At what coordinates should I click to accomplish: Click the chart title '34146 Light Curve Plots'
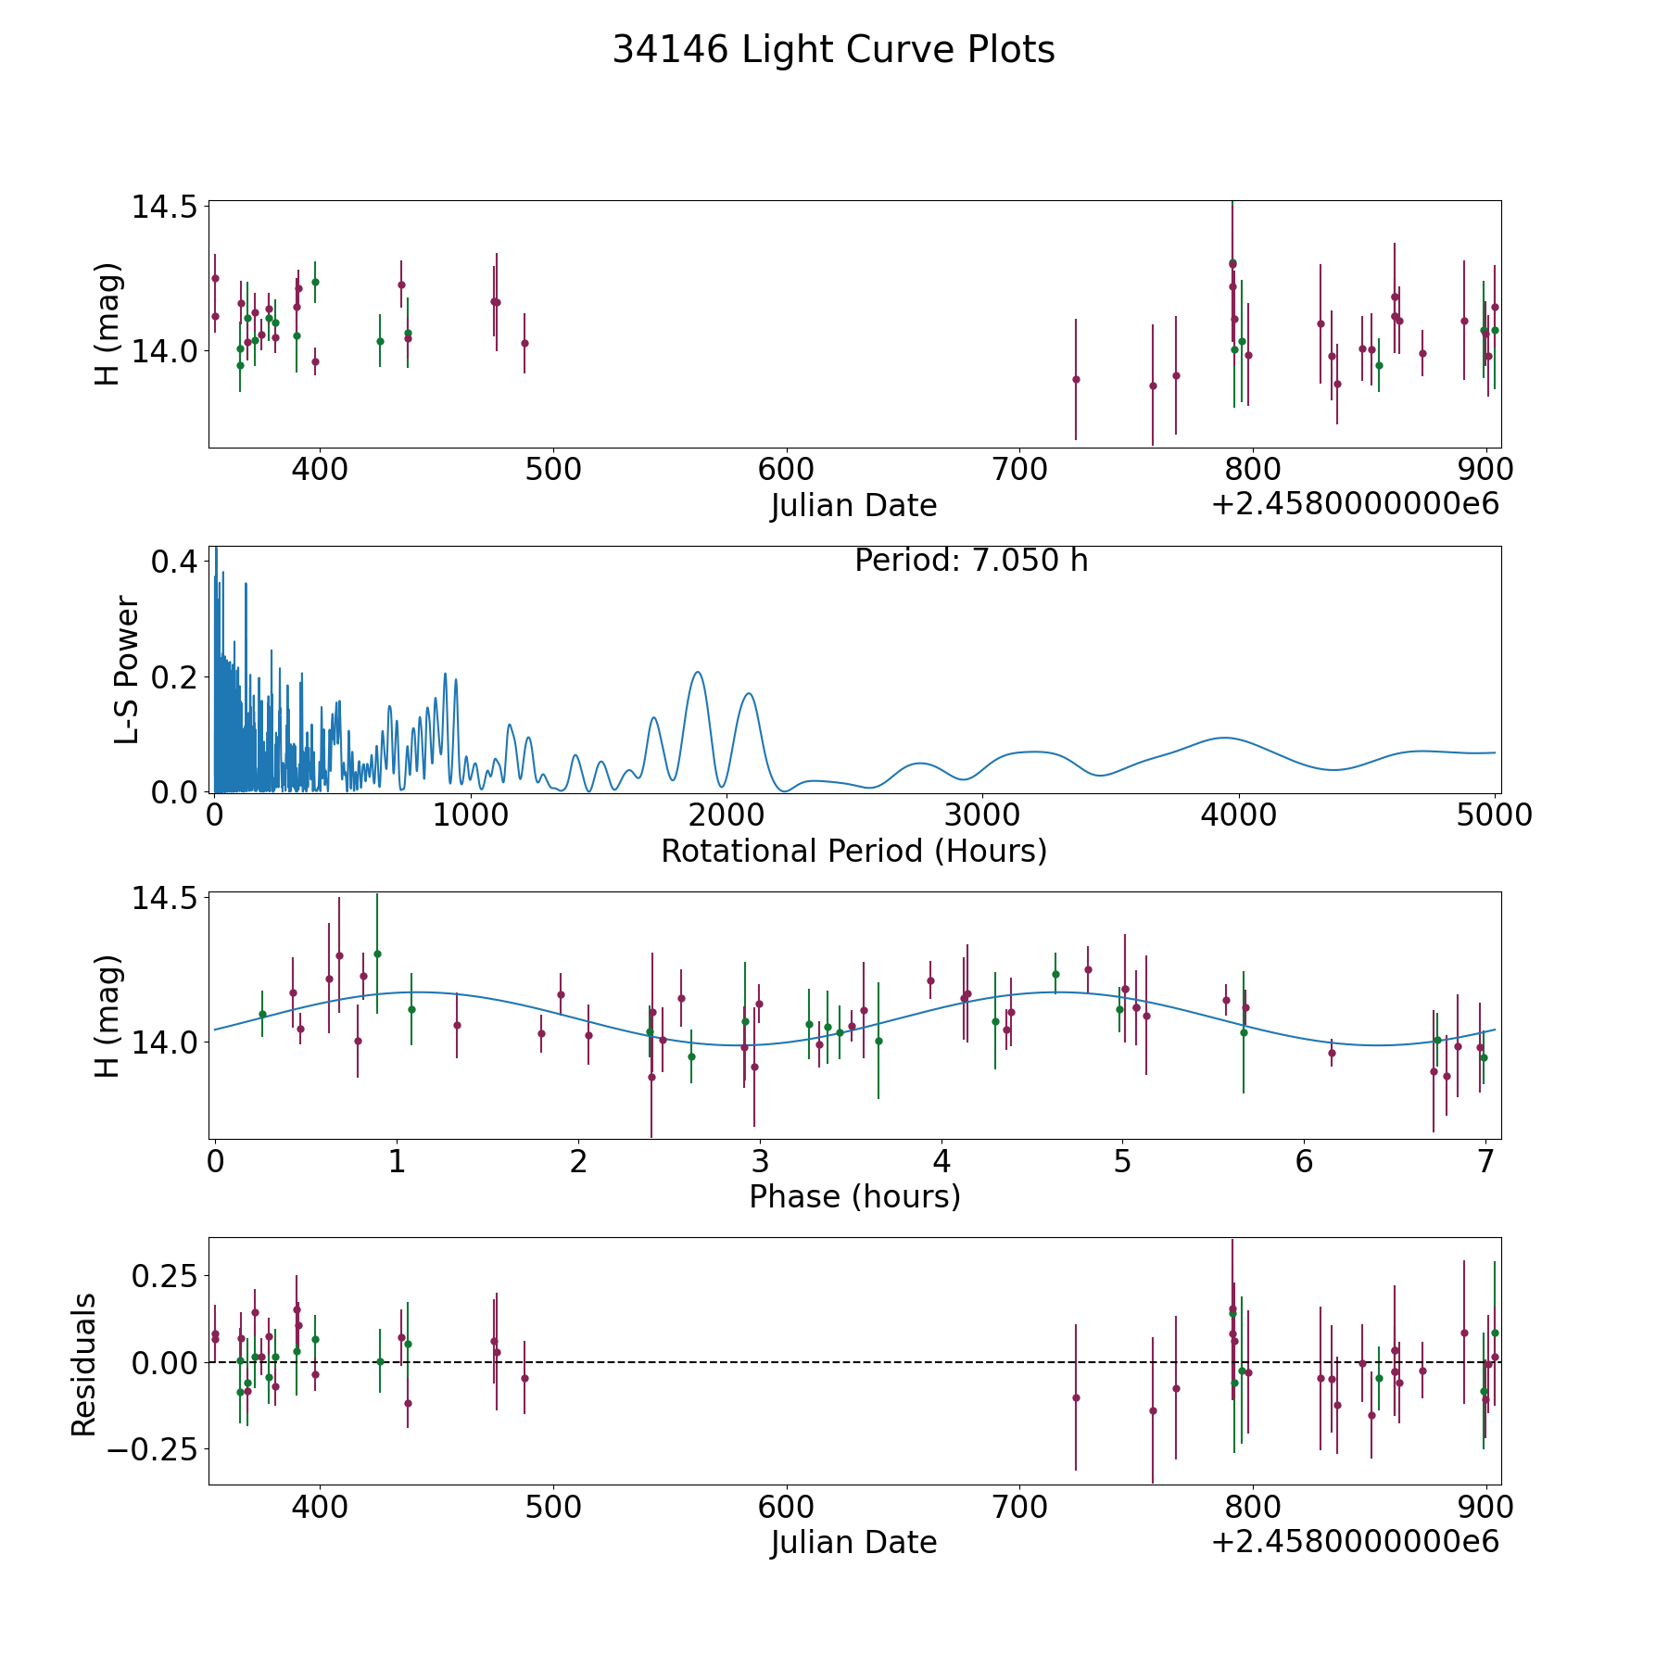point(833,50)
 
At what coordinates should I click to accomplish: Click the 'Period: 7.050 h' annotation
point(971,561)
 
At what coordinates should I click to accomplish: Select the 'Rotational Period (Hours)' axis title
point(853,851)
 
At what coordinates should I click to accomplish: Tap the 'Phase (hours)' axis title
point(854,1196)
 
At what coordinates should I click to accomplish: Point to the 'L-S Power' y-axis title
point(127,670)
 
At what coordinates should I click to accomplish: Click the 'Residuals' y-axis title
point(84,1365)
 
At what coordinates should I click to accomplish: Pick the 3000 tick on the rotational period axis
point(981,815)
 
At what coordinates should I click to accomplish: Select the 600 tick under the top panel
point(786,470)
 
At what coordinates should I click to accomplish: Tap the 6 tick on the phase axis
point(1305,1161)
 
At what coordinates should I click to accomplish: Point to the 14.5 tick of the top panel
point(164,207)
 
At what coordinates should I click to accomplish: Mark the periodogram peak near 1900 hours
point(697,672)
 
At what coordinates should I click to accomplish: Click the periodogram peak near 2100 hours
point(748,693)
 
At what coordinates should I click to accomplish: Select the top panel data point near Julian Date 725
point(1076,379)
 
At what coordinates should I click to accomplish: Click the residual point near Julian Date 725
point(1076,1397)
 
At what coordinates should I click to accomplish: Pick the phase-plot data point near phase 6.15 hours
point(1332,1053)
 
